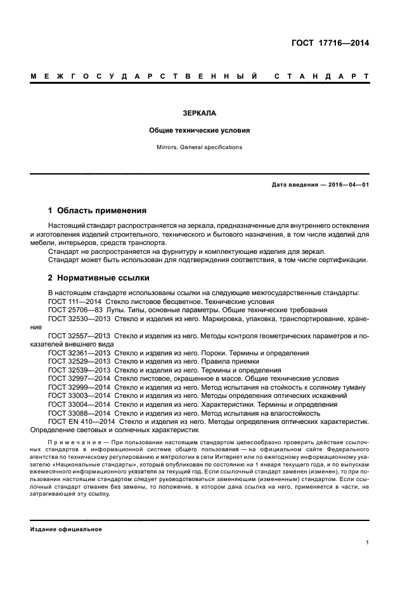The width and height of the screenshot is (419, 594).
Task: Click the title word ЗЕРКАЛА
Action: tap(199, 113)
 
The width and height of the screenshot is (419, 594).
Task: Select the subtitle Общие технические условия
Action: tap(199, 130)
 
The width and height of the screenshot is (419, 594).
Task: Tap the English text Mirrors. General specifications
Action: tap(199, 147)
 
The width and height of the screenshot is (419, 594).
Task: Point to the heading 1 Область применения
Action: tap(98, 210)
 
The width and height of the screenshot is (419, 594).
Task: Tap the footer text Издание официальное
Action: tap(66, 529)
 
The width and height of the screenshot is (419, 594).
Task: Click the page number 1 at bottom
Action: tap(368, 543)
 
